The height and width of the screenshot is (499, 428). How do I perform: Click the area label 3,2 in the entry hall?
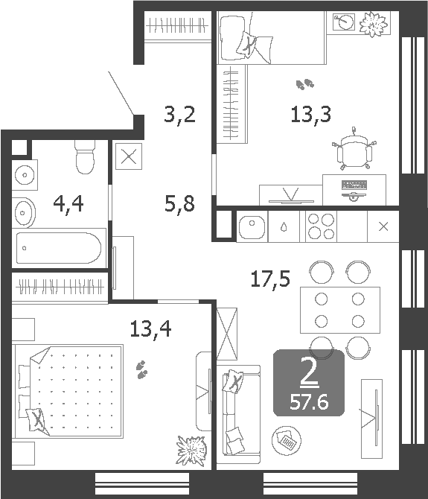(x=179, y=115)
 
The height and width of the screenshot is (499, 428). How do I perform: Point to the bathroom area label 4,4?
(x=68, y=203)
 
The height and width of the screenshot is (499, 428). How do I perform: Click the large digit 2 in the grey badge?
(x=309, y=373)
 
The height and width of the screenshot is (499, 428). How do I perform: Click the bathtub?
(x=59, y=247)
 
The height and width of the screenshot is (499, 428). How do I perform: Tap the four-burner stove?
(x=321, y=226)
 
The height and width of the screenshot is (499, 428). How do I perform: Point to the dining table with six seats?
(x=339, y=310)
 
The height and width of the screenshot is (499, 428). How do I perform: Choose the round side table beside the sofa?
(x=286, y=441)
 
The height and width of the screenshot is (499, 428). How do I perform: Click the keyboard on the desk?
(x=354, y=184)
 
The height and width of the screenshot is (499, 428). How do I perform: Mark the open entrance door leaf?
(x=122, y=94)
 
